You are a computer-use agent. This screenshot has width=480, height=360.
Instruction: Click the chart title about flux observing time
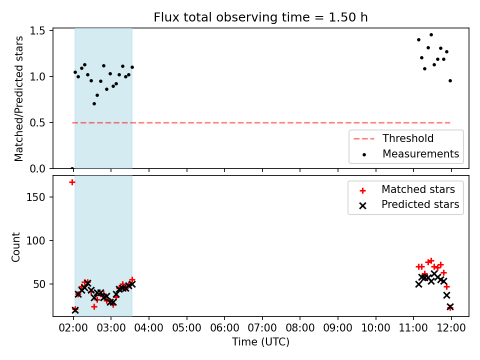click(x=260, y=17)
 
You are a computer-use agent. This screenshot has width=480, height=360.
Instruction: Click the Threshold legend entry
click(x=393, y=138)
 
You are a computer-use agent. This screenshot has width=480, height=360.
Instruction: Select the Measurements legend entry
click(x=410, y=153)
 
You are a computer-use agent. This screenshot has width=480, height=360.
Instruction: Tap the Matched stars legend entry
click(x=407, y=189)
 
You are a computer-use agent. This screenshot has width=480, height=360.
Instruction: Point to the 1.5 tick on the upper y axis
click(x=37, y=31)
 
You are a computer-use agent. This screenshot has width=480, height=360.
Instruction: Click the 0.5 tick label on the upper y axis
click(x=37, y=123)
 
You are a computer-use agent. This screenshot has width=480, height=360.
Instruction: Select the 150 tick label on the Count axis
click(x=36, y=197)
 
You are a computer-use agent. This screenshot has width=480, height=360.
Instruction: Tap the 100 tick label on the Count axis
click(x=36, y=240)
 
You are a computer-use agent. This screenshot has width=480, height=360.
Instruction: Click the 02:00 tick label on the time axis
click(x=73, y=328)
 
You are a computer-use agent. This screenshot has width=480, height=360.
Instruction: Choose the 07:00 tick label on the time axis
click(x=262, y=328)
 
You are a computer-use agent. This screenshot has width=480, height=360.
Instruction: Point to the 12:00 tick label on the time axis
click(x=451, y=328)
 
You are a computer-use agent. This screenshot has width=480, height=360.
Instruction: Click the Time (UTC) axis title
click(x=260, y=342)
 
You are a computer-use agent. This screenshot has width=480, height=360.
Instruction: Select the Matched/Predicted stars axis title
click(x=18, y=98)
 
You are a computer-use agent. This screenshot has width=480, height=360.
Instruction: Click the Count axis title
click(x=15, y=247)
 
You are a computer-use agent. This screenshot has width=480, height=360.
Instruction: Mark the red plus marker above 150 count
click(x=72, y=182)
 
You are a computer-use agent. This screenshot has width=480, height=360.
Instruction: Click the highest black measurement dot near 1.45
click(x=431, y=35)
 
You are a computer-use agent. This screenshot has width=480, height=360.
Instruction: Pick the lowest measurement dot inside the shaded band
click(x=94, y=104)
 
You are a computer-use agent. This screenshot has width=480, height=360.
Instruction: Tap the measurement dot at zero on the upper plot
click(x=72, y=168)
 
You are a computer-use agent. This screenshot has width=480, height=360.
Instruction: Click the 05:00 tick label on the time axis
click(x=186, y=328)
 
